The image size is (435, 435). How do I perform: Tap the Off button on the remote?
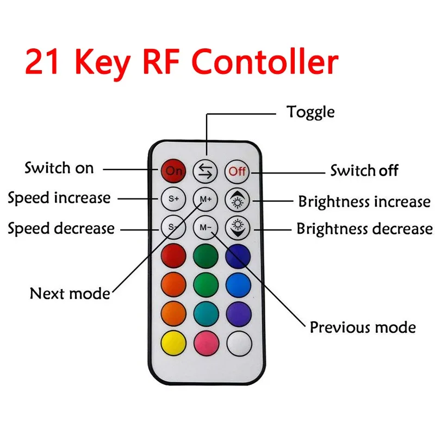[237, 171]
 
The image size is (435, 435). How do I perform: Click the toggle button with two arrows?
[206, 171]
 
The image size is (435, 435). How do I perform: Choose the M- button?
[206, 227]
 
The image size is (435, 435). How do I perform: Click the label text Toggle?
[310, 113]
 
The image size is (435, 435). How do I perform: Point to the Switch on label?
[59, 168]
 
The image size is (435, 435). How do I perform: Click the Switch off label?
[364, 171]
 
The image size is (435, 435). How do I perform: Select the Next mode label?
[70, 294]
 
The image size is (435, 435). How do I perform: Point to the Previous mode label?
[363, 327]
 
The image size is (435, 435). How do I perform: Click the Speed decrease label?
[61, 228]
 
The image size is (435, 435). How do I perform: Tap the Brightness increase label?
[364, 202]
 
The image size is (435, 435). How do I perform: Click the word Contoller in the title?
[266, 63]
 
